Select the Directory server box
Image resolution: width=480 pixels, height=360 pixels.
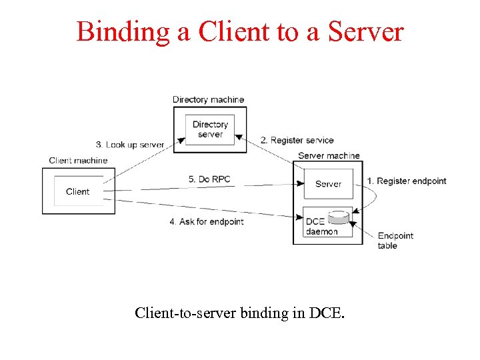tap(210, 129)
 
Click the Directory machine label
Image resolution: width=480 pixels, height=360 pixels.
tap(208, 100)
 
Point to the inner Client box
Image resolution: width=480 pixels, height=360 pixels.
tap(78, 191)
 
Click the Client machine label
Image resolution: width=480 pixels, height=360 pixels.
tap(78, 161)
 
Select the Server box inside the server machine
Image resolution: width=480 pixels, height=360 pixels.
tap(328, 184)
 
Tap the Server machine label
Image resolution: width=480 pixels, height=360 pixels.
tap(329, 156)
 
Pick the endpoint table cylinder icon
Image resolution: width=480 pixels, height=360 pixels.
tap(339, 217)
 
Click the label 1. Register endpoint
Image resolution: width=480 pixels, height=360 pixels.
tap(407, 181)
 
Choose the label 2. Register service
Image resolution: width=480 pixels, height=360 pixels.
tap(297, 141)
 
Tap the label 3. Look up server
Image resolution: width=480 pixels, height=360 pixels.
tap(130, 145)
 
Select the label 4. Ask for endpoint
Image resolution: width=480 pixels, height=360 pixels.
tap(206, 221)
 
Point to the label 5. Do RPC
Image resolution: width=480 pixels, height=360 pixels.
tap(209, 179)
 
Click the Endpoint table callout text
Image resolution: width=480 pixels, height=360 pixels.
tap(395, 241)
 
